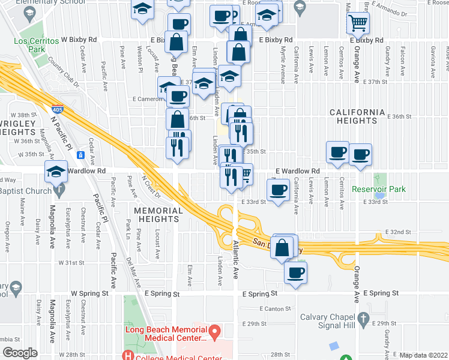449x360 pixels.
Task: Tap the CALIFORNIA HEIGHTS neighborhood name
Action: click(357, 116)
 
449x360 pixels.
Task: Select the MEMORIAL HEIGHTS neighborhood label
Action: click(158, 215)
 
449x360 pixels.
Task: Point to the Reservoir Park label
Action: click(379, 189)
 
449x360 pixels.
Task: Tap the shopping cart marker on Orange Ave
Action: click(358, 23)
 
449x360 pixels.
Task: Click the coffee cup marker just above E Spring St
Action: click(295, 272)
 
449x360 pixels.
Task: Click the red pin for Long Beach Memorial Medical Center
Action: click(214, 331)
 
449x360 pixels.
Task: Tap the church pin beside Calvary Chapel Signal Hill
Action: click(362, 317)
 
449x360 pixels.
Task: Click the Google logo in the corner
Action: click(19, 353)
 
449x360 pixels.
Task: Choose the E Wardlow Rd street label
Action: click(297, 171)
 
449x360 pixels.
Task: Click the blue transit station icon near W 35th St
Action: click(80, 155)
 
